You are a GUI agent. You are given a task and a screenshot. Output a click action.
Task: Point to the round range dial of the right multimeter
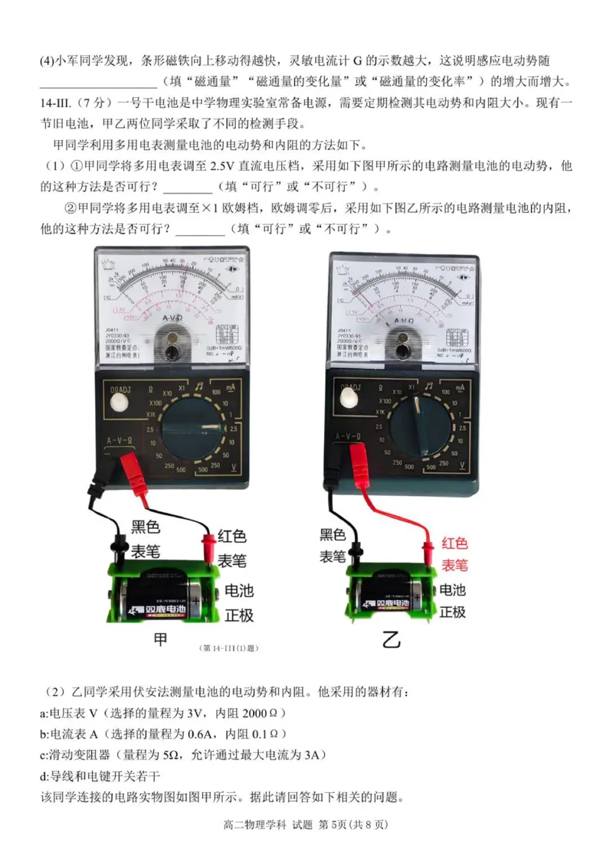click(417, 419)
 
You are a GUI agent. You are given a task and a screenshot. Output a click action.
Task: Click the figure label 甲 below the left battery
click(160, 639)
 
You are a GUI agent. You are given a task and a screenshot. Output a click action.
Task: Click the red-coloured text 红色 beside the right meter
click(454, 544)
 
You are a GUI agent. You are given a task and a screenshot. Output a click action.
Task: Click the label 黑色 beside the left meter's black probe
click(146, 527)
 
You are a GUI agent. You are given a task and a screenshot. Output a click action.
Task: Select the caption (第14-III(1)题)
click(228, 648)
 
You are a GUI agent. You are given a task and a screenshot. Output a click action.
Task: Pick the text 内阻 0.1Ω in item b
click(259, 734)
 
